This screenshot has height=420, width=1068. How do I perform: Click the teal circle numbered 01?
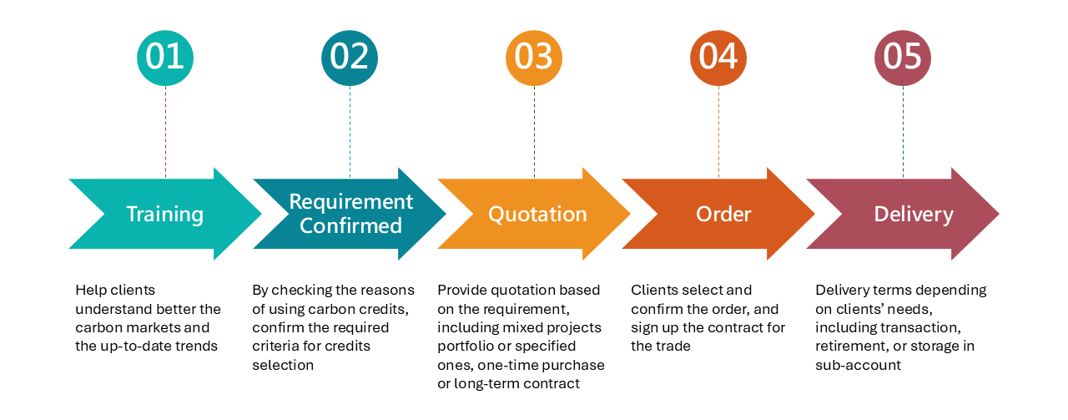[165, 57]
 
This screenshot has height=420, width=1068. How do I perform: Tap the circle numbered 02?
[350, 57]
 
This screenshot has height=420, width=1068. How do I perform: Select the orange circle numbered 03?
[534, 57]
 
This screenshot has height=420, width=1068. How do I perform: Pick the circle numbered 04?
[718, 57]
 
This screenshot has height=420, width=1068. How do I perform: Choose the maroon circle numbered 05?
[903, 57]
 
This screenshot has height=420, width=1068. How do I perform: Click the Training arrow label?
[164, 215]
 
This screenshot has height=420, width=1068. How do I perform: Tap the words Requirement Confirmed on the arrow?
[350, 214]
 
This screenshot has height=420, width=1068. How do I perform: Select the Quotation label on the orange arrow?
[537, 215]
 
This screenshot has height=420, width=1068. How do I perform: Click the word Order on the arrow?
[723, 215]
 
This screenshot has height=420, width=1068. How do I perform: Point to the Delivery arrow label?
[913, 215]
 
